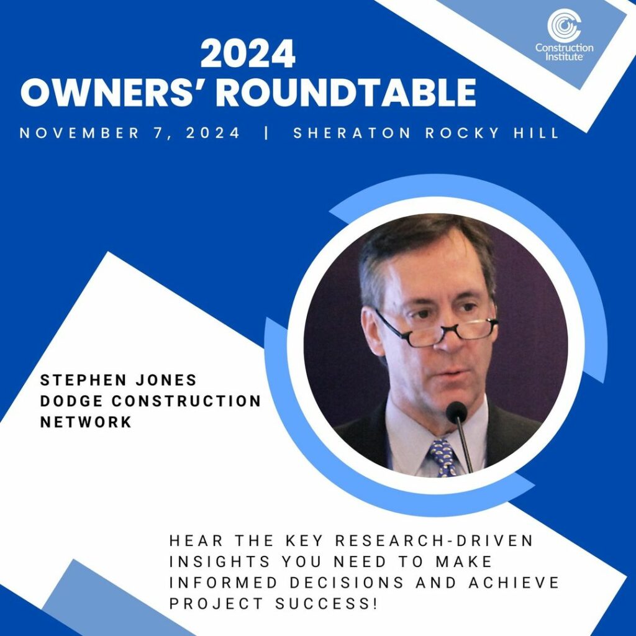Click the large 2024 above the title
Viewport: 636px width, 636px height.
coord(248,53)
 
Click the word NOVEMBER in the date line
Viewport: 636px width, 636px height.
coord(79,133)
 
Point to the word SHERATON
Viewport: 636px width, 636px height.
coord(352,133)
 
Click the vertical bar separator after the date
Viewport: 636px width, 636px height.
coord(266,133)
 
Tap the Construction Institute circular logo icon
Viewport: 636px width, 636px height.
coord(564,25)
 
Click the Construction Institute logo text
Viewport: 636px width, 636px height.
coord(564,52)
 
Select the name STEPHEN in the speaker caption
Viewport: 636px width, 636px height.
coord(84,380)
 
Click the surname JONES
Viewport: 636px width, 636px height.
coord(166,380)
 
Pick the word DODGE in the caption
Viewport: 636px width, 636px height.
coord(71,401)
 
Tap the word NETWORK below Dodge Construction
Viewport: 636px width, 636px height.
coord(86,422)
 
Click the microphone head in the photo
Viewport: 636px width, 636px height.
coord(457,412)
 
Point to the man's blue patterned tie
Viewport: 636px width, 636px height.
coord(443,458)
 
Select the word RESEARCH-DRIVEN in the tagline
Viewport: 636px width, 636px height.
coord(434,541)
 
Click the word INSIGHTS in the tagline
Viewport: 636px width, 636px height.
coord(219,561)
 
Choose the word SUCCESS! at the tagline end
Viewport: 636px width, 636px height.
coord(327,604)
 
